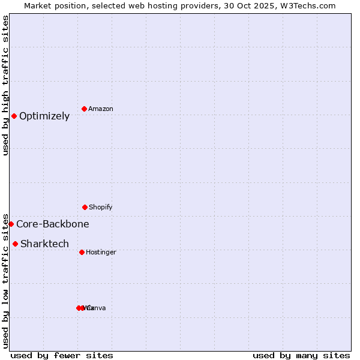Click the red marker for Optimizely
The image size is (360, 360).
[x=14, y=116]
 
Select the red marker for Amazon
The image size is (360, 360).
[x=85, y=109]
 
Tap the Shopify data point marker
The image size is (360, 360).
[x=85, y=207]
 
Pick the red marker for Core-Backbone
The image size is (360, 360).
[x=11, y=224]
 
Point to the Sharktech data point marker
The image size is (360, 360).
[x=15, y=244]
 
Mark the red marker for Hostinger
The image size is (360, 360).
[x=82, y=252]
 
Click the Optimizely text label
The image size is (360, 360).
[x=44, y=116]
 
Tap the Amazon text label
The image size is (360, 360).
[x=101, y=109]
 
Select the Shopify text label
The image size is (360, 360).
[x=101, y=208]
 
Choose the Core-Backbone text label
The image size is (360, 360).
[x=53, y=224]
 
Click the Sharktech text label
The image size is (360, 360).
[x=44, y=244]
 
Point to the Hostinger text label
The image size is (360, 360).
[x=101, y=253]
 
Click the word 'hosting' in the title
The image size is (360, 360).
[x=167, y=5]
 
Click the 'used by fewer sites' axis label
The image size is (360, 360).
[x=62, y=355]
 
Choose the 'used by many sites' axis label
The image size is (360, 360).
[x=301, y=355]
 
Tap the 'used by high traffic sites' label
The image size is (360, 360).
[x=5, y=85]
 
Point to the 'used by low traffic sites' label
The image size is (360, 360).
[x=5, y=280]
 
